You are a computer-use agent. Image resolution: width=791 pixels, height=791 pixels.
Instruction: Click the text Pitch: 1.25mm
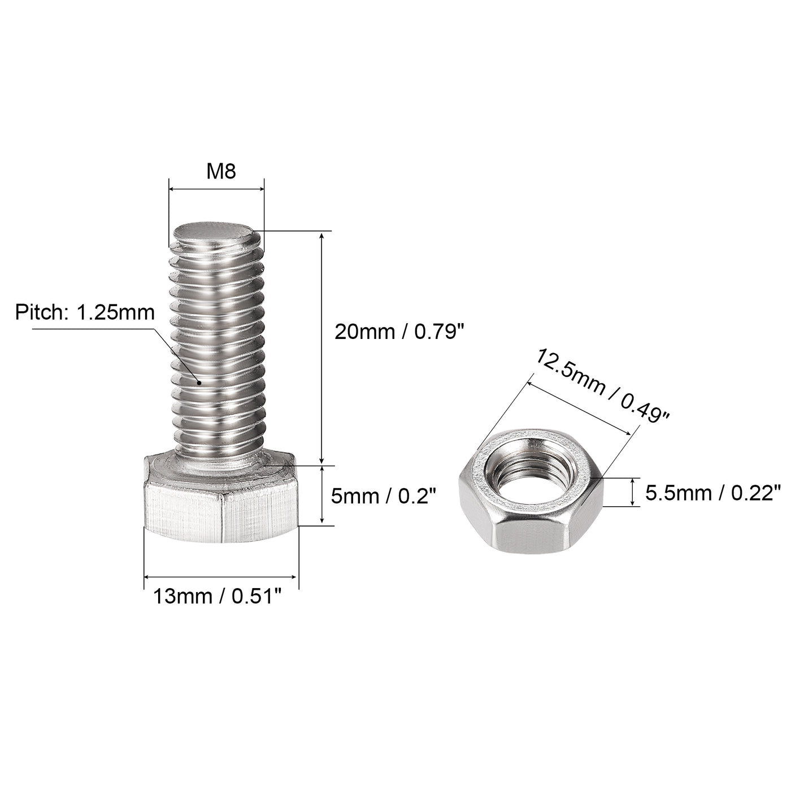[x=85, y=312]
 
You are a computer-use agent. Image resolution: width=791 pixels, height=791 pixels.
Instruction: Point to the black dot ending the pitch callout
[x=199, y=383]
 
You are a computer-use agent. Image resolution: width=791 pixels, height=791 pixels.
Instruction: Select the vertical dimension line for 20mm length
[x=322, y=347]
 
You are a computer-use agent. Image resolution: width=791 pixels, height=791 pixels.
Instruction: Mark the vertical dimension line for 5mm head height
[x=322, y=496]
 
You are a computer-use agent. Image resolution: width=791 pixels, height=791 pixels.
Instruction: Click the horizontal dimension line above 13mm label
[x=220, y=577]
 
